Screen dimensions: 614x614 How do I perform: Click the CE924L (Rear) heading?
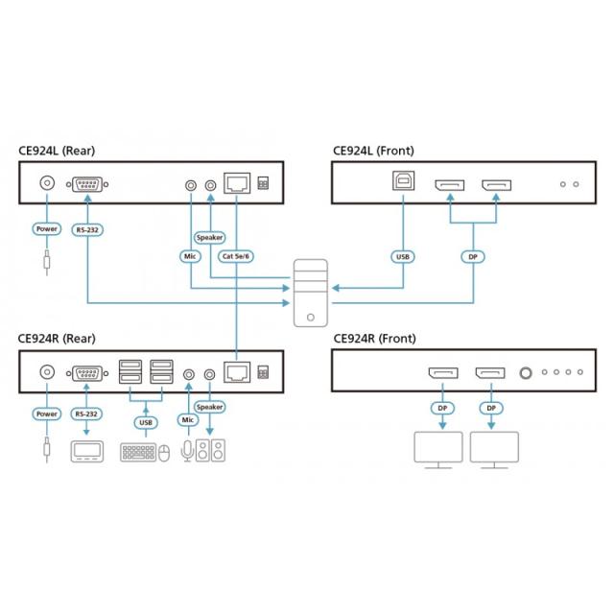57,151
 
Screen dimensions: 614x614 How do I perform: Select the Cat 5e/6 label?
236,256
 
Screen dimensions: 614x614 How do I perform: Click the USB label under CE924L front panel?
402,256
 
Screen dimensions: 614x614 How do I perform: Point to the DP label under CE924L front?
471,256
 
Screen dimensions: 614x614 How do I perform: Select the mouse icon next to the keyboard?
164,453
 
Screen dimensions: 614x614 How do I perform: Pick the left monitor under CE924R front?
437,450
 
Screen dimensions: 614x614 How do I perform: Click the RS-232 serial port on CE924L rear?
87,183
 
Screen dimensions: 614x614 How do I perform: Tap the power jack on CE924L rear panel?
45,183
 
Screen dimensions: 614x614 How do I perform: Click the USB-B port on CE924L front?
402,183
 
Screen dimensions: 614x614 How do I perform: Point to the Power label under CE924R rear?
46,414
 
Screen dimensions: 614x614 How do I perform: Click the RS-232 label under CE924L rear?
87,229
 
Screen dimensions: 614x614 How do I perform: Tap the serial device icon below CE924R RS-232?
87,451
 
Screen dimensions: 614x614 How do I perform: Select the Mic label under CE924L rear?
190,256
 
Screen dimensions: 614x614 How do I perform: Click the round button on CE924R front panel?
525,371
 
